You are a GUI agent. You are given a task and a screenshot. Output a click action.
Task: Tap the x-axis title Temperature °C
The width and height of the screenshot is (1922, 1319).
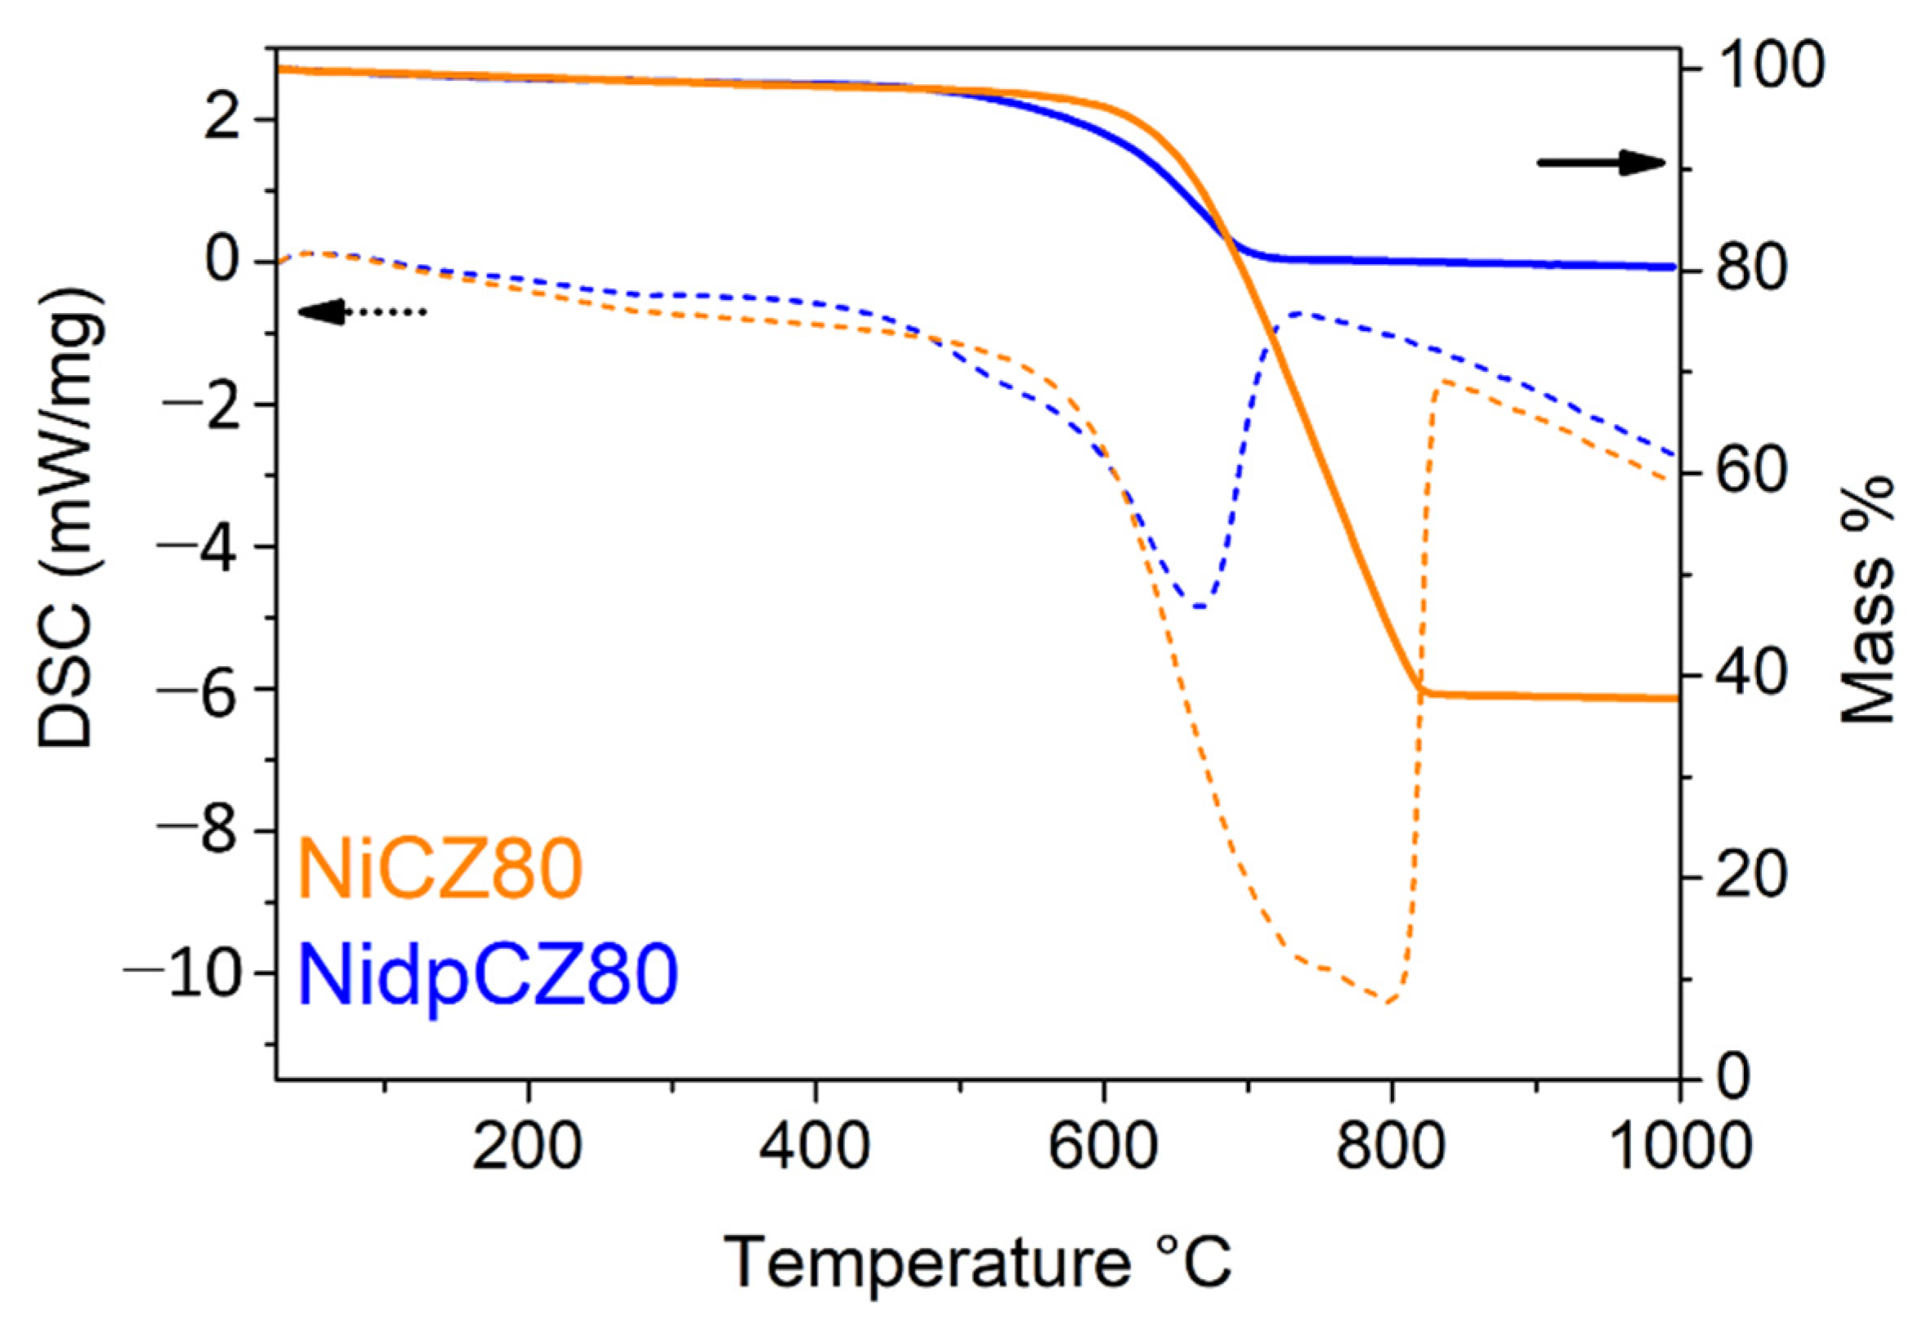point(977,1263)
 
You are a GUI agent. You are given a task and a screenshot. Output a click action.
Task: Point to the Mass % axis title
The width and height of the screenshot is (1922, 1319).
point(1867,599)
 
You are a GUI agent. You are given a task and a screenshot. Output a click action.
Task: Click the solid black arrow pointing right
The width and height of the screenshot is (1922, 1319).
point(1600,163)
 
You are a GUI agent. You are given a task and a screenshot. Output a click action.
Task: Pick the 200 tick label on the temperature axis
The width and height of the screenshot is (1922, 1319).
point(528,1148)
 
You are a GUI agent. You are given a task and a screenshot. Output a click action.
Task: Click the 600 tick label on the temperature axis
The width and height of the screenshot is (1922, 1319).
point(1102,1148)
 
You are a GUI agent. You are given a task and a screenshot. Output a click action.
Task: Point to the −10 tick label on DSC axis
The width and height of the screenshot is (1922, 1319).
point(189,974)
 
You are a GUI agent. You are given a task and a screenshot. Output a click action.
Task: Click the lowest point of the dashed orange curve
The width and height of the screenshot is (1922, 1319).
point(1388,1002)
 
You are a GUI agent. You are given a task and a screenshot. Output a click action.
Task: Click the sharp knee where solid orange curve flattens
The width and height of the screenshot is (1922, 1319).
point(1423,691)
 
